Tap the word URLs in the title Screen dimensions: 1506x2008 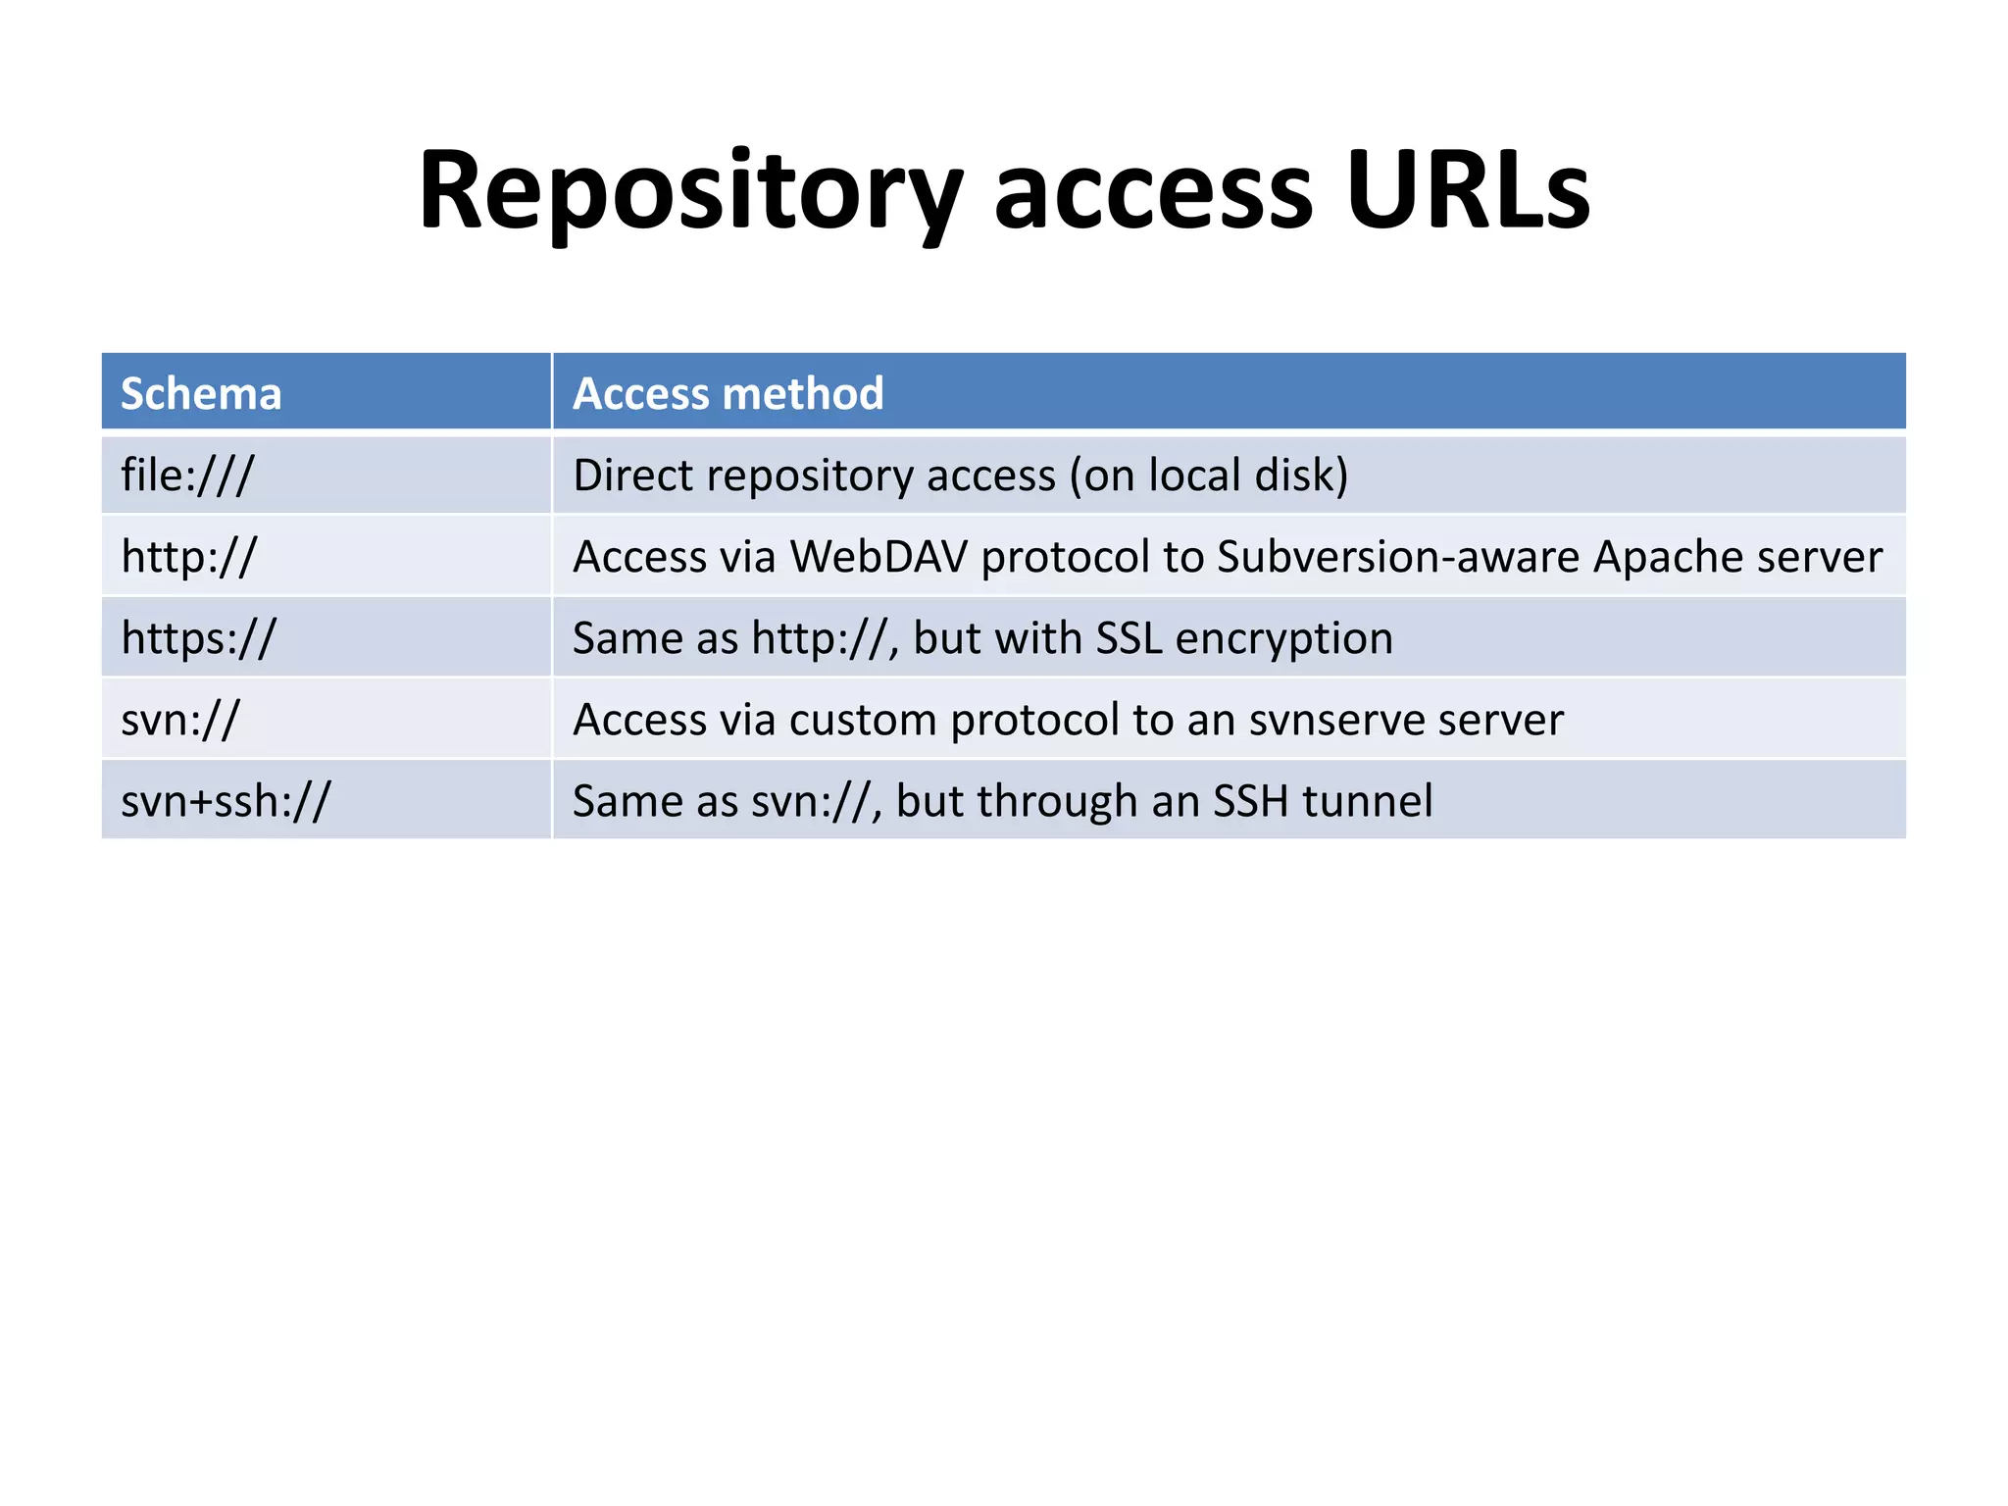1467,191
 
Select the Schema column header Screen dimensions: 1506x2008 201,393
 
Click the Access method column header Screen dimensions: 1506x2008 728,393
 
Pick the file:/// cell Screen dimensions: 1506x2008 187,476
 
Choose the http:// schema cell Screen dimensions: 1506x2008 188,557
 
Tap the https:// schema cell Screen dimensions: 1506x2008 198,638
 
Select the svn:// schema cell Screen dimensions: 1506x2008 179,720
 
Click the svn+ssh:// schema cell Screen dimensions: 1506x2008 226,801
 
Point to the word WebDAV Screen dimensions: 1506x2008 878,557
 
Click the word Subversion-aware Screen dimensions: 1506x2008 1398,557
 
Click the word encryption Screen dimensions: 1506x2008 1283,638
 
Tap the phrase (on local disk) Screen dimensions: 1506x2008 1209,476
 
